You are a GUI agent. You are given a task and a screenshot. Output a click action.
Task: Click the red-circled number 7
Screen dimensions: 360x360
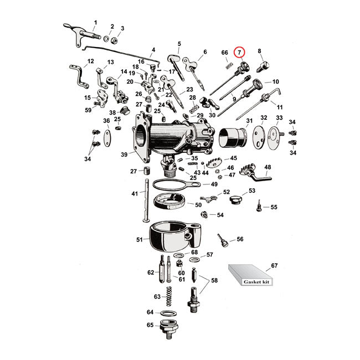coord(240,53)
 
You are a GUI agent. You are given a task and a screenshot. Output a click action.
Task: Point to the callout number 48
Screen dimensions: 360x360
coord(268,167)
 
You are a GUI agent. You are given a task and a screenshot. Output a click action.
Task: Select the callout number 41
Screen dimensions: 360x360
coord(134,193)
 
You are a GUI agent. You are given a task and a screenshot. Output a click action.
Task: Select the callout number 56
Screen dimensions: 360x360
coord(240,239)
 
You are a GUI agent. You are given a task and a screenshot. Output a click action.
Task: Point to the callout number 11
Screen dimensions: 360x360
coord(279,106)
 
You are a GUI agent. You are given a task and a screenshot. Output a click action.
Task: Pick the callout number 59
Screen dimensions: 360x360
coord(88,110)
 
